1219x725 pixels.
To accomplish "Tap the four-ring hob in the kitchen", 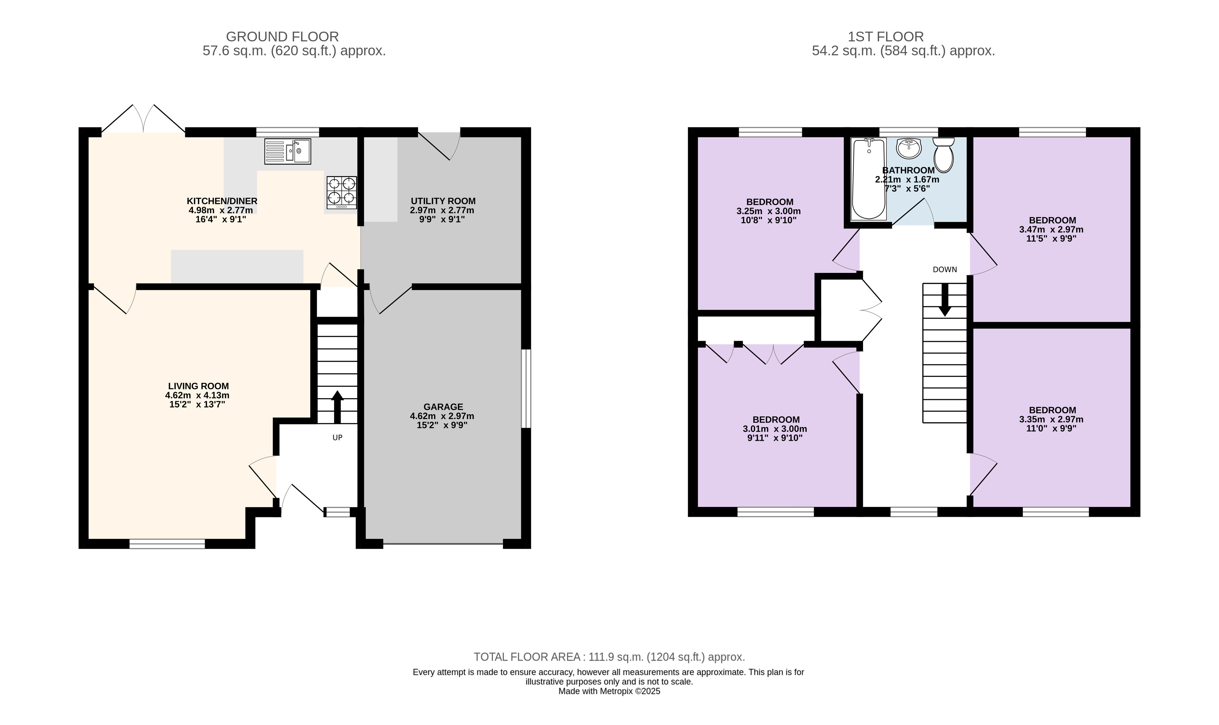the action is point(342,193).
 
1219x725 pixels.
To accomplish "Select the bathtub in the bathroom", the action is point(868,178).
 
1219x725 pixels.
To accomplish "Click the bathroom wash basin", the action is point(909,148).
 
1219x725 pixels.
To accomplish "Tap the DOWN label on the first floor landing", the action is point(944,270).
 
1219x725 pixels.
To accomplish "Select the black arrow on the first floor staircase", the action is point(944,299).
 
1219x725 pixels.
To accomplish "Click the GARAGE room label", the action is point(443,407).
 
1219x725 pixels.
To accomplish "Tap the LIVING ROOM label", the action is point(198,386).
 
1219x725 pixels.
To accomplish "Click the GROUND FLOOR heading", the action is point(282,37).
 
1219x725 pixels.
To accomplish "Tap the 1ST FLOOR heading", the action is point(885,37).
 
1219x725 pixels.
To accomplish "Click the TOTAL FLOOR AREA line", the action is point(609,657).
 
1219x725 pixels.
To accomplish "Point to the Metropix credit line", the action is point(609,691).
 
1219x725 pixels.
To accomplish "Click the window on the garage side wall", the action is point(526,388).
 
